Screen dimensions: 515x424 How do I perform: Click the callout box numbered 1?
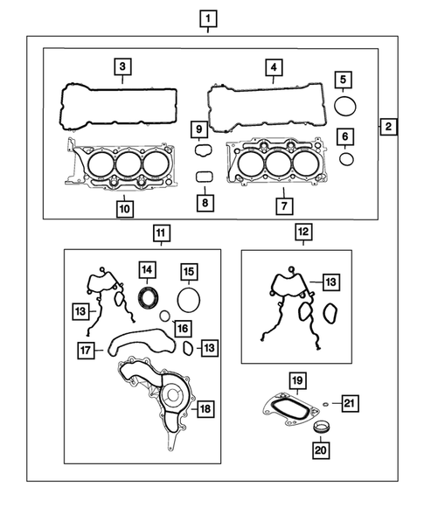[x=207, y=17]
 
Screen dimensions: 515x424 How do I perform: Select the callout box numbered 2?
[x=388, y=126]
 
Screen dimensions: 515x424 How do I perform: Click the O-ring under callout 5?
[x=344, y=107]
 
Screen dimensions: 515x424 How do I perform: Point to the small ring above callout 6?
[x=346, y=159]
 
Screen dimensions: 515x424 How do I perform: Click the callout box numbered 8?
[x=204, y=203]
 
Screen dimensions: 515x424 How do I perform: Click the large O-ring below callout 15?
[x=188, y=300]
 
